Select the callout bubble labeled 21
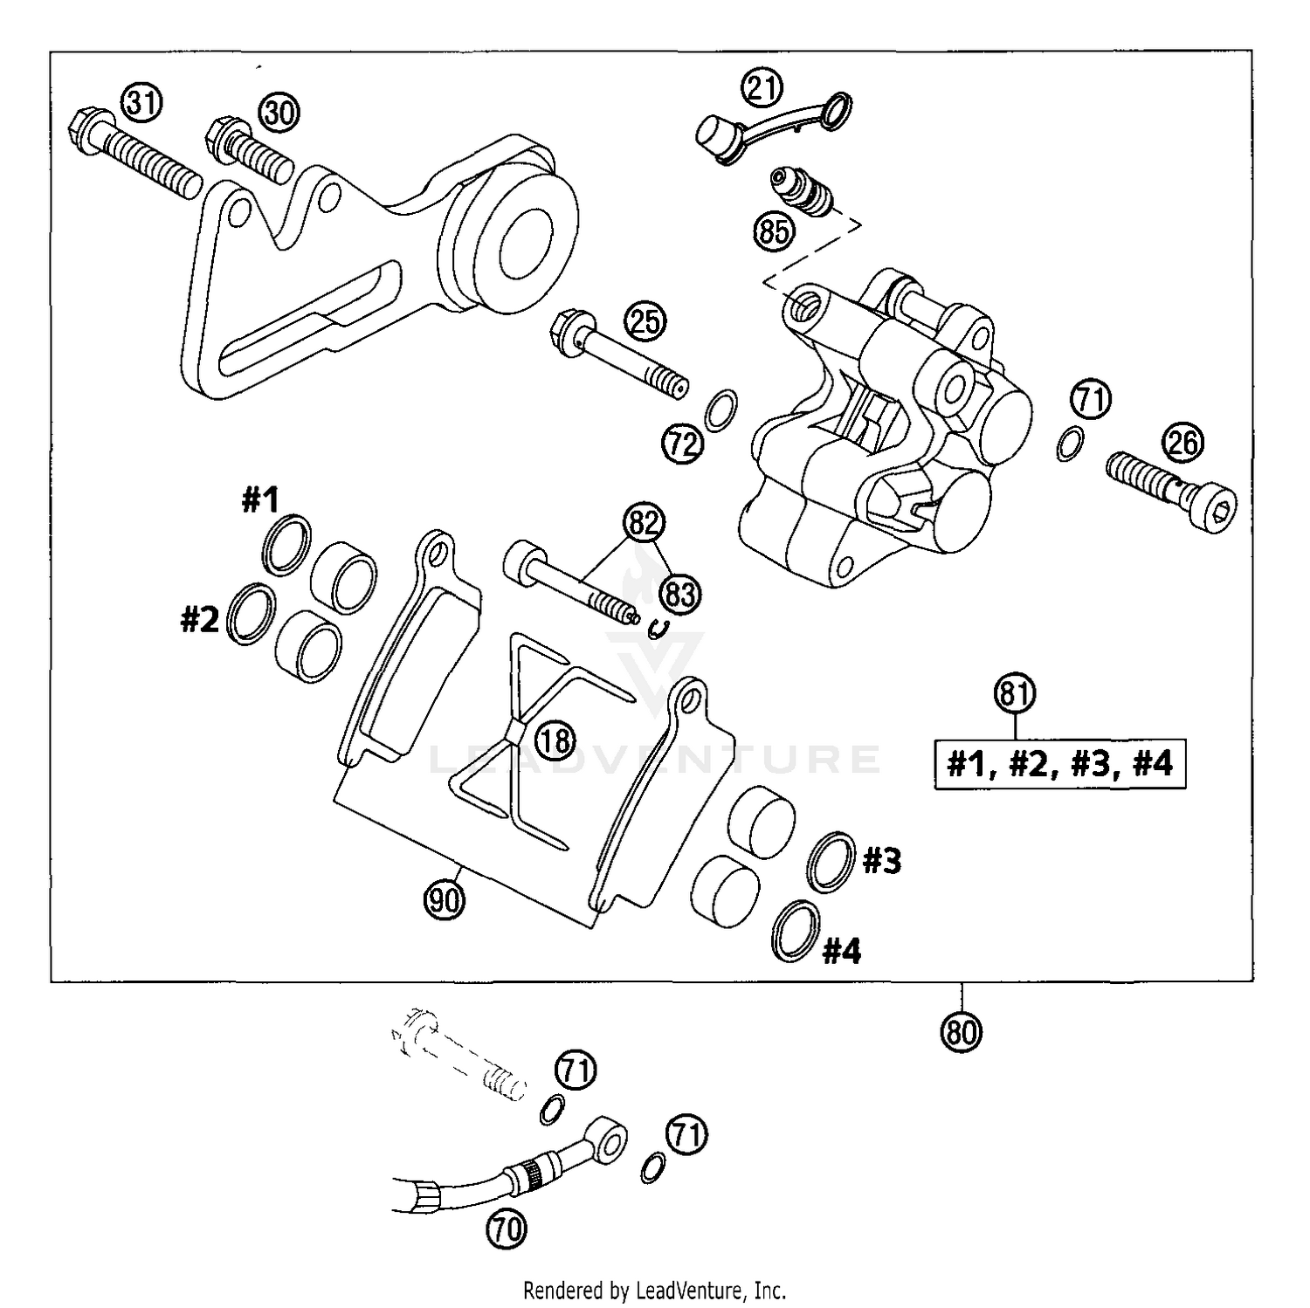[762, 87]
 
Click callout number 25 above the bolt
[645, 322]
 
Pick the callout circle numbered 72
[682, 444]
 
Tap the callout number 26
[1183, 443]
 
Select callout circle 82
[644, 523]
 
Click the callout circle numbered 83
[681, 594]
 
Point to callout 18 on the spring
[555, 741]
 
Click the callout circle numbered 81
[1014, 694]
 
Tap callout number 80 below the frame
[962, 1032]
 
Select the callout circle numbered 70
[507, 1229]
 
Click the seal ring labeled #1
[286, 544]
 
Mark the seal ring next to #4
[796, 930]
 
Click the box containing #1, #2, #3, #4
[1059, 765]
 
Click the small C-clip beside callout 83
[661, 627]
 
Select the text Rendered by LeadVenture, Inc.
[654, 1290]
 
